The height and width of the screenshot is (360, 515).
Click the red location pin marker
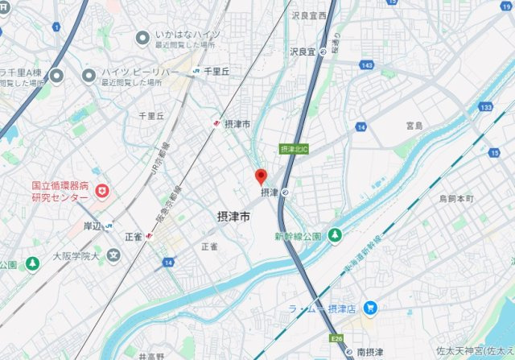pos(261,176)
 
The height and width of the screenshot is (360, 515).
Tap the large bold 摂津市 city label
pos(233,217)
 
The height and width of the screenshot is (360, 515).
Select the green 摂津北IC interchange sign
pos(293,149)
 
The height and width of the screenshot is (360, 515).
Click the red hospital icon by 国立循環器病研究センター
pos(101,190)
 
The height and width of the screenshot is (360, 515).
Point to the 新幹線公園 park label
pos(297,236)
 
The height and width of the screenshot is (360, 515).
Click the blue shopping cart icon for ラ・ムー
pos(369,307)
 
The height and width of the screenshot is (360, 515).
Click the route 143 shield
pos(367,64)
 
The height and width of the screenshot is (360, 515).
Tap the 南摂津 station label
pos(373,353)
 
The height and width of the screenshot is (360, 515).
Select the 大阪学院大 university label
pos(74,257)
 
